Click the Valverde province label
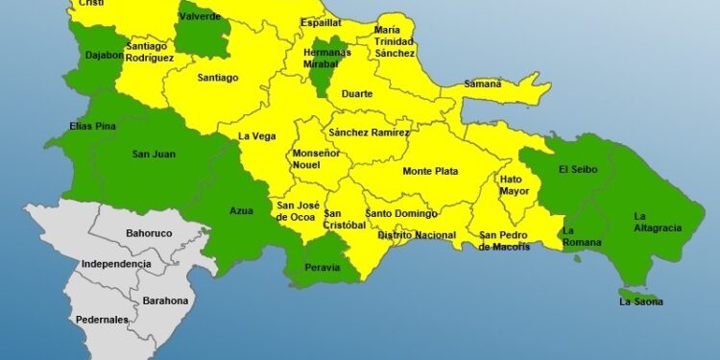(x=200, y=16)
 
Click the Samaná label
(x=483, y=84)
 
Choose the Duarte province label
(x=356, y=93)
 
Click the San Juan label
(x=153, y=153)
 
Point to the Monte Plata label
(x=430, y=172)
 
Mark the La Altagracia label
(x=658, y=222)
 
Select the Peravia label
(x=322, y=268)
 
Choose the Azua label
(x=242, y=211)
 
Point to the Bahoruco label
(x=150, y=233)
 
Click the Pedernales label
(x=101, y=320)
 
